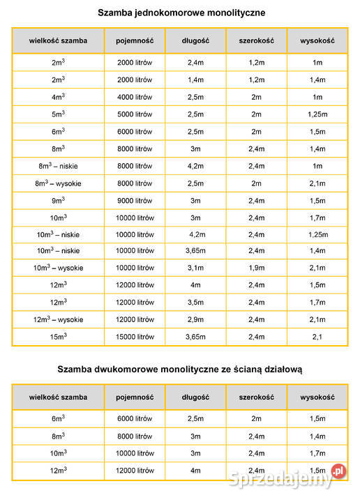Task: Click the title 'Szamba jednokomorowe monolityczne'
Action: [x=181, y=13]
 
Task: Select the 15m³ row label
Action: [x=59, y=337]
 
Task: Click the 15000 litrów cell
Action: [x=135, y=337]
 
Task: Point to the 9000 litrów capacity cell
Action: [x=135, y=200]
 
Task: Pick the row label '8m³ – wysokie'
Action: [x=59, y=183]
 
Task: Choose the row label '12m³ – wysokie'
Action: [x=59, y=319]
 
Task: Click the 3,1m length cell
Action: [x=195, y=268]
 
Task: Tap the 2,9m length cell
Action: [x=195, y=319]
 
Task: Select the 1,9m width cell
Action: [x=256, y=268]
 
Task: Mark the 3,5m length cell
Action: [x=195, y=303]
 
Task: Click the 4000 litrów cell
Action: [x=135, y=97]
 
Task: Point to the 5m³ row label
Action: [x=59, y=114]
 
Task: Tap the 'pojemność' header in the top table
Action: [x=135, y=40]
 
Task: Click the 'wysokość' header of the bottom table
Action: [x=317, y=397]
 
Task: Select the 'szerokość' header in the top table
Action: [x=256, y=40]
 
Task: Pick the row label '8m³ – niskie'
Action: [x=59, y=166]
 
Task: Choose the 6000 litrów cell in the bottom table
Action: [x=135, y=419]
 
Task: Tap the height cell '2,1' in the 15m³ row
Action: [x=317, y=337]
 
